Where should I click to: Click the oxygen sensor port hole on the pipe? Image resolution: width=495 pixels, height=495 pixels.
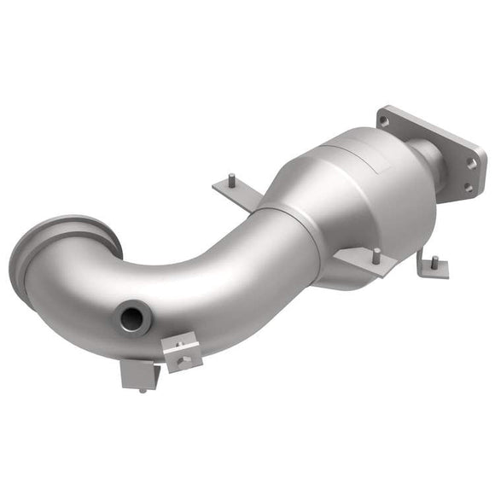(x=132, y=318)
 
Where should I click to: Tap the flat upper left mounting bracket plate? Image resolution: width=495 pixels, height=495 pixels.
(x=235, y=195)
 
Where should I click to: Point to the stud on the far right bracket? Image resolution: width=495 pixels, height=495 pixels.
(x=434, y=259)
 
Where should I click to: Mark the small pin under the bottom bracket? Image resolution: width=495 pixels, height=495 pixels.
(x=141, y=390)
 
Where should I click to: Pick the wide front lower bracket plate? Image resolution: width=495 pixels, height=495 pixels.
(x=363, y=262)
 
